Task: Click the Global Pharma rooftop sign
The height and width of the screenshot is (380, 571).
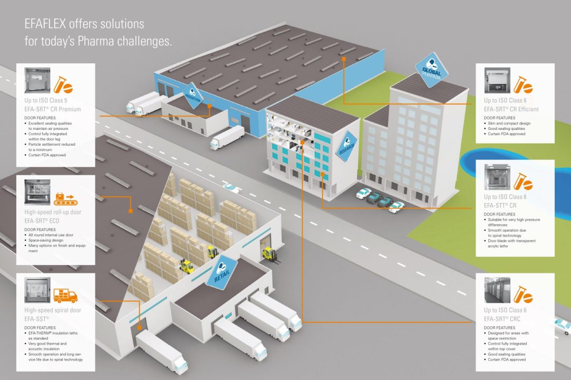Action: [432, 70]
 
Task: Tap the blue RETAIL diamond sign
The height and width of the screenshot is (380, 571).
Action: [221, 272]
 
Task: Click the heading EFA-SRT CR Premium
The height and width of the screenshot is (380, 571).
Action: [53, 109]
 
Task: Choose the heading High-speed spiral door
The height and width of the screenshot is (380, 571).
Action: [53, 310]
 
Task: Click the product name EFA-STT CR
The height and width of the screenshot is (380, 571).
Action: [500, 205]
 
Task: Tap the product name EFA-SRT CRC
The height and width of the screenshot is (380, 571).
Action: [502, 319]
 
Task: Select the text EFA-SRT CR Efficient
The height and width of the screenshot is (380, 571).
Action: [511, 109]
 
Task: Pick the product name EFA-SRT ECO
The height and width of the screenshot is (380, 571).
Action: [42, 221]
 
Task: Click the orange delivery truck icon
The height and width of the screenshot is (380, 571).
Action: [65, 296]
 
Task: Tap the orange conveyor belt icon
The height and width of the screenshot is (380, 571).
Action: [66, 199]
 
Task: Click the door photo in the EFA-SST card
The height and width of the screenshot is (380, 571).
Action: [37, 290]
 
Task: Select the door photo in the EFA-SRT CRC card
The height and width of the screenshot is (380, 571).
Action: [497, 290]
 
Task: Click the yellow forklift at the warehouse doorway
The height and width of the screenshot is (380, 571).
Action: [269, 254]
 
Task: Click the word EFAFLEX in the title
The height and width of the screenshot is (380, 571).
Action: [45, 24]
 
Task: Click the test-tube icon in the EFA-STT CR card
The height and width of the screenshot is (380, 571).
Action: [524, 181]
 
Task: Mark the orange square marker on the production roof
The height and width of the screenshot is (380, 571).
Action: [344, 58]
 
